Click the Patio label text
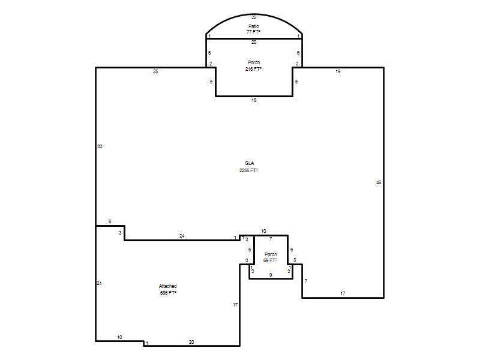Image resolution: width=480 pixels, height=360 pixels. click(253, 26)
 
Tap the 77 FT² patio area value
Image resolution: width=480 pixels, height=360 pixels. click(253, 32)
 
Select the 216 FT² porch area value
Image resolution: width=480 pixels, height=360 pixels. click(253, 69)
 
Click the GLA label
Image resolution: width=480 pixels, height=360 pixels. click(249, 163)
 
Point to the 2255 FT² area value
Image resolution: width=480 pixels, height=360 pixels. click(248, 170)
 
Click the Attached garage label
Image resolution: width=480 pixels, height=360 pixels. click(168, 286)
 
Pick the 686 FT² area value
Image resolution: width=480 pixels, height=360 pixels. click(168, 293)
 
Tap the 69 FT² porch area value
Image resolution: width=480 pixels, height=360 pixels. click(271, 260)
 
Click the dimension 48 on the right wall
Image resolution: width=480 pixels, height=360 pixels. click(379, 182)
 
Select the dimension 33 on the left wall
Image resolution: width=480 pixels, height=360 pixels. click(100, 146)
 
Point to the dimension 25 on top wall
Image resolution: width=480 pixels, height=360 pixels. click(155, 71)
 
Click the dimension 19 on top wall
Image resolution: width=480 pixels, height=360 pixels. click(338, 71)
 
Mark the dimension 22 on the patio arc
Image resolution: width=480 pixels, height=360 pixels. click(254, 17)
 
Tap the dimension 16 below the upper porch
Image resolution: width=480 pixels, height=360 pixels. click(254, 100)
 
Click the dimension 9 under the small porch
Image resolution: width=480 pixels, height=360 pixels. click(271, 275)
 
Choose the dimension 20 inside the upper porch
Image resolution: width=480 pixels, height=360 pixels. click(254, 42)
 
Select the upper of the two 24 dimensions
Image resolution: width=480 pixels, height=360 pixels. click(182, 236)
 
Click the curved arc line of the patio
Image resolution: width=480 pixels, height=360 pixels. click(254, 14)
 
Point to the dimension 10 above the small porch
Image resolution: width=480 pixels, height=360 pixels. click(263, 231)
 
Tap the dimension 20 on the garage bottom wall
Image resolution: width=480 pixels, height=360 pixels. click(191, 342)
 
